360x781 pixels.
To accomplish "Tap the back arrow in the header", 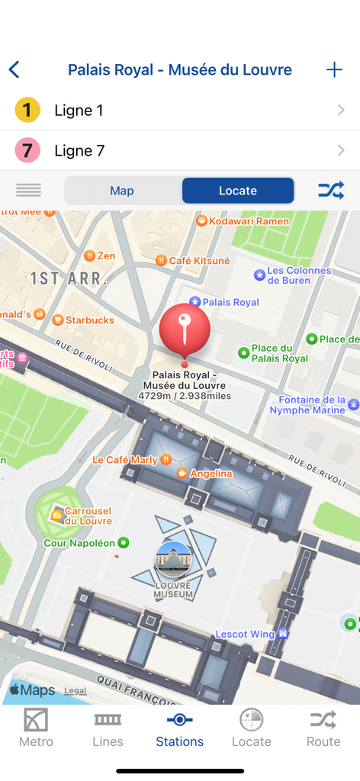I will click(14, 70).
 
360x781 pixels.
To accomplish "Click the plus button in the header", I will click(334, 70).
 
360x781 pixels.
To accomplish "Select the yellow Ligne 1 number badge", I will click(27, 111).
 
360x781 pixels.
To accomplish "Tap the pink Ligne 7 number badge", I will click(27, 150).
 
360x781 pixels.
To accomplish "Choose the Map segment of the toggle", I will click(122, 191).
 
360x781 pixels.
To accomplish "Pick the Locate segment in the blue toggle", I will click(238, 191).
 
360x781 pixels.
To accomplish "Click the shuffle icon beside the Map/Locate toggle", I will click(331, 191).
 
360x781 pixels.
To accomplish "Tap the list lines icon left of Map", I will click(29, 191).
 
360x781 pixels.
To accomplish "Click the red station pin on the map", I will click(185, 330).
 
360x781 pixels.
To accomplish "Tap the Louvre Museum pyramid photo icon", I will click(173, 559).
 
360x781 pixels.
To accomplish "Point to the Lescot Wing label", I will click(246, 634).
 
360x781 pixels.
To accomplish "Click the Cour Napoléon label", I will click(80, 543).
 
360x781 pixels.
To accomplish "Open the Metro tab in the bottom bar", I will click(36, 728).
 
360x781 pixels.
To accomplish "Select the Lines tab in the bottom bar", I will click(108, 728).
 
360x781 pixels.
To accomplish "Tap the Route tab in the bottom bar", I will click(323, 728).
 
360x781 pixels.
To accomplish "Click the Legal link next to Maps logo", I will click(75, 691).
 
